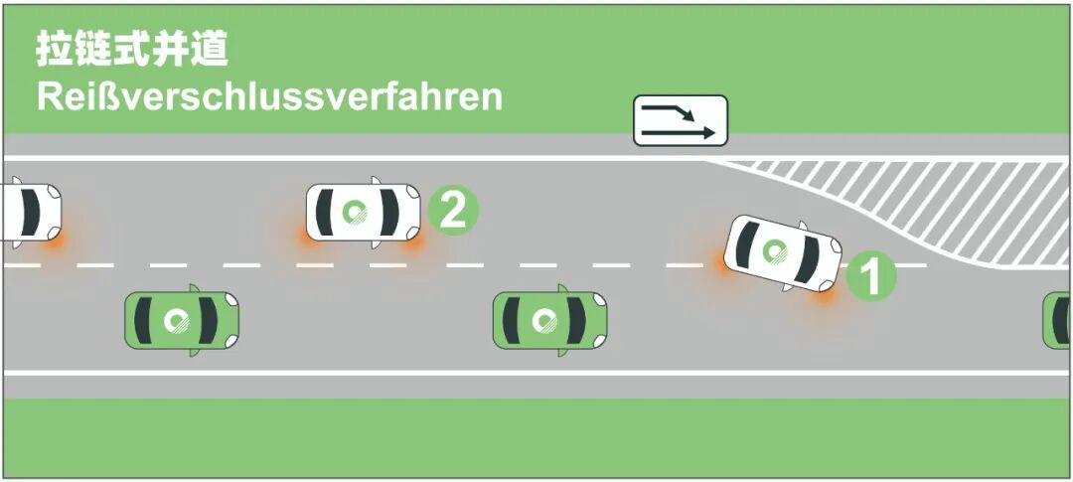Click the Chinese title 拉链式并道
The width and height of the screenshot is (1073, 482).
pyautogui.click(x=132, y=48)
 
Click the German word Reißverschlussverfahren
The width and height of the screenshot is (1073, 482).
pyautogui.click(x=268, y=97)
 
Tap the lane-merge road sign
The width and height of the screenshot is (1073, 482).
pyautogui.click(x=681, y=119)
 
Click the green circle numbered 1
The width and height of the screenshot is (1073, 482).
pyautogui.click(x=871, y=276)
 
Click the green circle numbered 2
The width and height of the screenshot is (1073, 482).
pyautogui.click(x=452, y=210)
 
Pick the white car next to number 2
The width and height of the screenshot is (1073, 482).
pyautogui.click(x=363, y=212)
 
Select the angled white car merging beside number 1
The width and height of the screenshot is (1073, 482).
pyautogui.click(x=783, y=252)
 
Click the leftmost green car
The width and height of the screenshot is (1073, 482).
pyautogui.click(x=182, y=319)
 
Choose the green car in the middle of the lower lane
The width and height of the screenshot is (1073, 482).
pyautogui.click(x=549, y=321)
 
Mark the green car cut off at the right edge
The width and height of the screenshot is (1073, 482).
pyautogui.click(x=1057, y=321)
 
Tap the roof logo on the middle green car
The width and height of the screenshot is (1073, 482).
pyautogui.click(x=543, y=321)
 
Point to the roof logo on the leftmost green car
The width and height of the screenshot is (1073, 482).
pyautogui.click(x=176, y=319)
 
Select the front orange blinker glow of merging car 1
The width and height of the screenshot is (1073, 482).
pyautogui.click(x=824, y=291)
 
